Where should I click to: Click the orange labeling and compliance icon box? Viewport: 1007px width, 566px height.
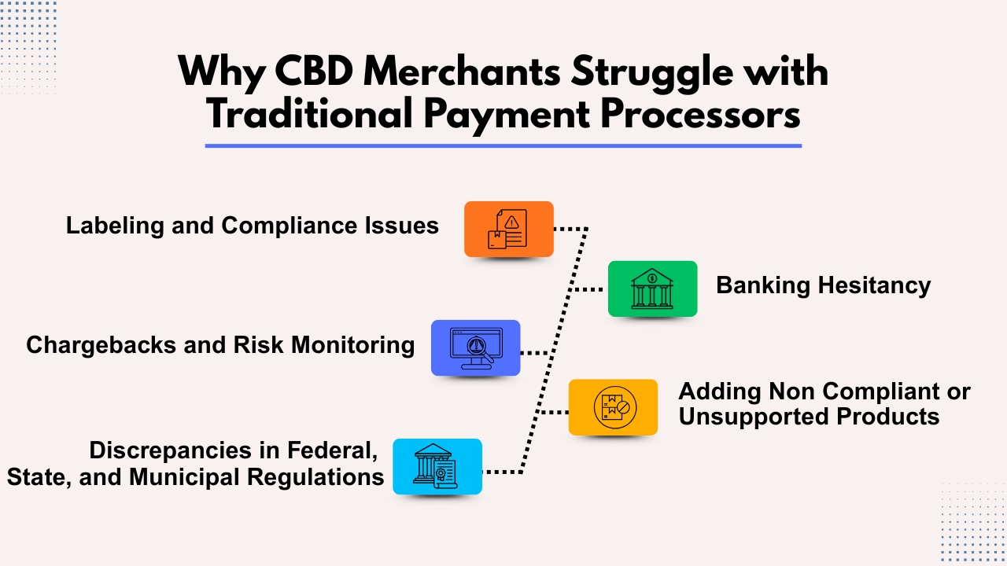click(x=508, y=229)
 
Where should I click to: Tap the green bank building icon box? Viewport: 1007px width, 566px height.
click(x=652, y=289)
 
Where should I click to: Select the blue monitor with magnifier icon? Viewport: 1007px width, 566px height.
click(x=475, y=347)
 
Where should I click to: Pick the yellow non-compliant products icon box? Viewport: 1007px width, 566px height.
click(x=613, y=407)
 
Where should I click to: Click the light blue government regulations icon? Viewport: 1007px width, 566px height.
click(x=437, y=466)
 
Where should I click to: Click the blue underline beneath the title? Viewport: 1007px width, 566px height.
click(x=503, y=145)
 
